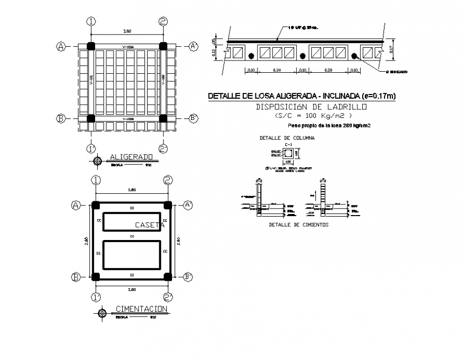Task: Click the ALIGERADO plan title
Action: point(131,157)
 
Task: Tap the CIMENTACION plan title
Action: point(141,309)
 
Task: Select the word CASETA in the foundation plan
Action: point(149,225)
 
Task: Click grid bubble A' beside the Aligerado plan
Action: point(193,47)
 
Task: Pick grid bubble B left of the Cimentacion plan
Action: point(76,277)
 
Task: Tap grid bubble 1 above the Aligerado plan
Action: point(92,21)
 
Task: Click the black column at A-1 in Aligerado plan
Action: point(91,47)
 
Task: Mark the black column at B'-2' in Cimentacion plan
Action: point(167,276)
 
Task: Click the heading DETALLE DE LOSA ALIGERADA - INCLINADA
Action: point(301,97)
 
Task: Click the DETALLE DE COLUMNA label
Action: point(287,138)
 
